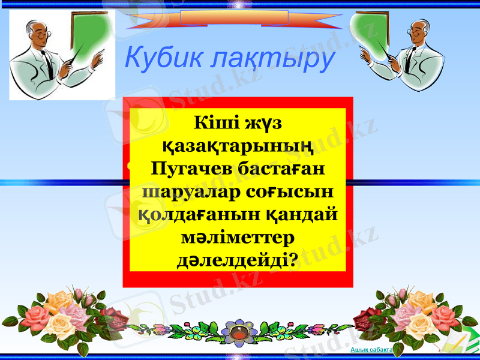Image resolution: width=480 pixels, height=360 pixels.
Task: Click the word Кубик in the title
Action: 158,58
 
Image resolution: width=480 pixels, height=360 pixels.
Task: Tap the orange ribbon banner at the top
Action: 234,18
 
